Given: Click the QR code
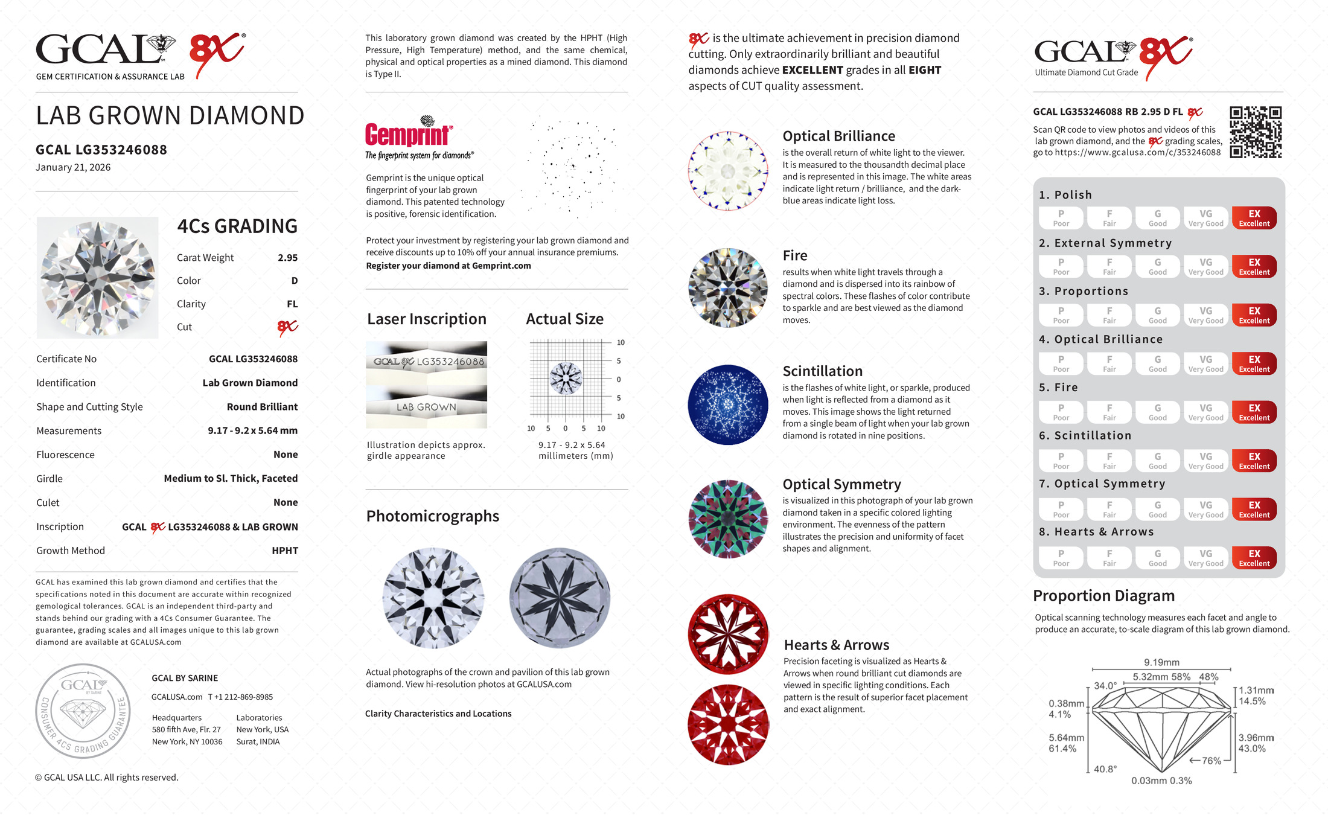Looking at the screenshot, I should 1256,132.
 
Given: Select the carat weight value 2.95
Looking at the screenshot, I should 287,258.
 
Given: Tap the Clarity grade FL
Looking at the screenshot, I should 292,304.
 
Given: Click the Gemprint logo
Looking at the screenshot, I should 409,133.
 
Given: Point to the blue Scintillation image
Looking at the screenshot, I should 728,405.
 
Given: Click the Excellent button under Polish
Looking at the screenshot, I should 1254,218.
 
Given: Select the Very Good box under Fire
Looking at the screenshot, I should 1205,412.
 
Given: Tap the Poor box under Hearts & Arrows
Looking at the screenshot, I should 1061,558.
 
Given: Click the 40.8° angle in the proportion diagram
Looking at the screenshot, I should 1105,769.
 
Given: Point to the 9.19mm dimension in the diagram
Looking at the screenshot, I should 1161,662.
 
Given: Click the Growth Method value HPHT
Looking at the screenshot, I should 285,551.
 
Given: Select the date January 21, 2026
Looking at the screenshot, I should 73,168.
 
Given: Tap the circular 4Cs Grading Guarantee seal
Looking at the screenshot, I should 83,711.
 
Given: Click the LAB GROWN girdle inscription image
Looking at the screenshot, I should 426,407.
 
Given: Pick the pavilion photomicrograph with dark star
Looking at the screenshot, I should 560,598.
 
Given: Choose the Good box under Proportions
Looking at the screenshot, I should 1157,315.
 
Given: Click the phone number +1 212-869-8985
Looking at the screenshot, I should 241,697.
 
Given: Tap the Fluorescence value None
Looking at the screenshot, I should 286,455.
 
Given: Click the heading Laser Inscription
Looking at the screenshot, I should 427,319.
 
